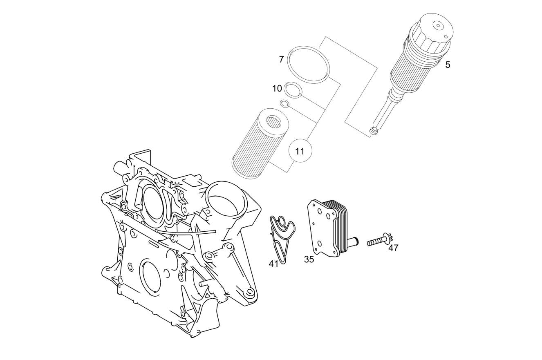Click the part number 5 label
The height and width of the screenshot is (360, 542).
pyautogui.click(x=448, y=65)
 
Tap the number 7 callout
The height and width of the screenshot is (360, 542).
pyautogui.click(x=281, y=59)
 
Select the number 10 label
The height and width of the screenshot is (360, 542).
pyautogui.click(x=277, y=89)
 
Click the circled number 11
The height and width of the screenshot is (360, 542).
pyautogui.click(x=300, y=151)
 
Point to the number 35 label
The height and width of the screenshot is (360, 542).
pyautogui.click(x=309, y=259)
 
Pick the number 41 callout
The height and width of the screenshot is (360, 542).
pyautogui.click(x=273, y=264)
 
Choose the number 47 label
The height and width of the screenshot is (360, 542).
pyautogui.click(x=393, y=248)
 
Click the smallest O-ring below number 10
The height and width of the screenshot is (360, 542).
pyautogui.click(x=284, y=103)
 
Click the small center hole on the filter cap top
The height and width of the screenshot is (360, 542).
pyautogui.click(x=437, y=25)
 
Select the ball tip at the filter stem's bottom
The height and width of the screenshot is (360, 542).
pyautogui.click(x=374, y=131)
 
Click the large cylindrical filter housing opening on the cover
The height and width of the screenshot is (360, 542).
pyautogui.click(x=226, y=202)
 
